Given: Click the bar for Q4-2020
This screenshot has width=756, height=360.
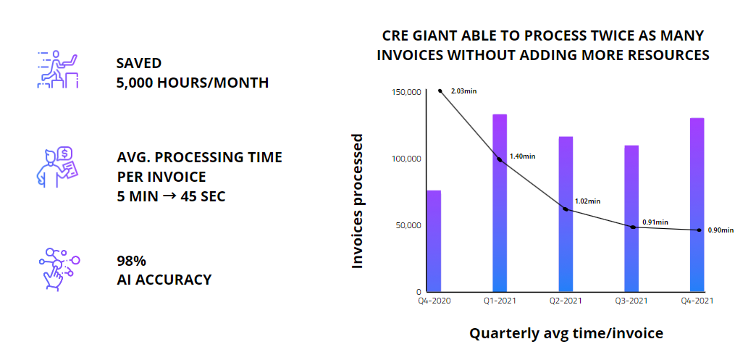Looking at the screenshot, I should (433, 240).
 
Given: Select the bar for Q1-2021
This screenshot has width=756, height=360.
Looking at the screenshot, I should (500, 203).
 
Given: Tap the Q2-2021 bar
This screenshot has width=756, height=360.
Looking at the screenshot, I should (566, 214).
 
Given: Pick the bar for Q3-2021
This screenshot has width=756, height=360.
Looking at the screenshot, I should (631, 218).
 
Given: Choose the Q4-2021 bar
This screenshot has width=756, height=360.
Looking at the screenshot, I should (697, 204).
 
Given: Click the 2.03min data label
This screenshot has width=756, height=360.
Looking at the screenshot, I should (463, 91).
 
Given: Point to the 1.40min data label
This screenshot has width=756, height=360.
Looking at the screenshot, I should (522, 156).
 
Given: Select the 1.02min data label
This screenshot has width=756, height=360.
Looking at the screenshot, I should (587, 201).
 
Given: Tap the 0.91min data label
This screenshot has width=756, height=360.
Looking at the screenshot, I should (655, 222).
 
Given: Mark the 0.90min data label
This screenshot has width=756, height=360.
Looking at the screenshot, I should (721, 230).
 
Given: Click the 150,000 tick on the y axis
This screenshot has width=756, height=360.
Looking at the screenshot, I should (406, 92).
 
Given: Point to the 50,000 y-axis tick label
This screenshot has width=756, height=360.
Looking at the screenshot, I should (408, 225).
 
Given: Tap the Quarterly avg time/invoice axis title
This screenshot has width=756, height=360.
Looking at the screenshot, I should (566, 334).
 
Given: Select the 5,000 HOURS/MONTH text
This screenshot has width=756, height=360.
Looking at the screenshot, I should (192, 83).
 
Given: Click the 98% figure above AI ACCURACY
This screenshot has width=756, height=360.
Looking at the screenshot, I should (132, 261).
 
